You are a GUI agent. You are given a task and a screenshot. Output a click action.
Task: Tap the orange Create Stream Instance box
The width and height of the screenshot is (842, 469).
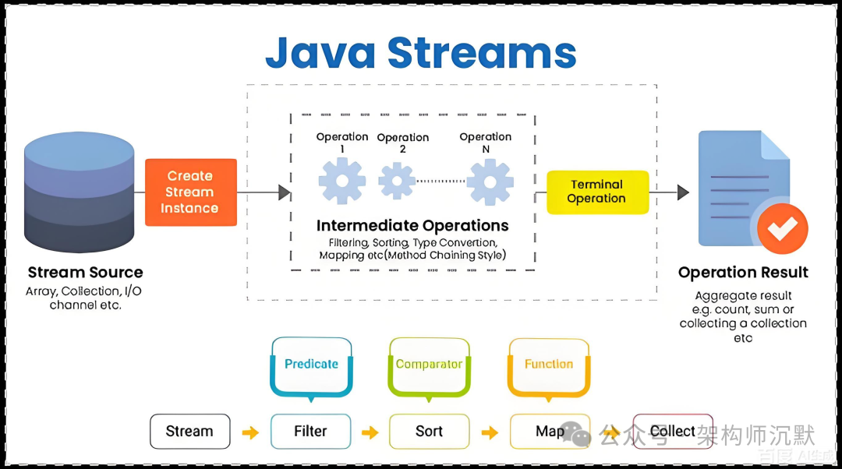pos(190,192)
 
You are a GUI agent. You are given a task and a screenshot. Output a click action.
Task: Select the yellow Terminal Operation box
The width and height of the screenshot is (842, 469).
pos(596,192)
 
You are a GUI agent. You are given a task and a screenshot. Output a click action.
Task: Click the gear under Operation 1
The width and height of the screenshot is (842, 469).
pos(341,180)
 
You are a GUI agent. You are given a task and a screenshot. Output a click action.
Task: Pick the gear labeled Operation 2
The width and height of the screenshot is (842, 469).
pos(397,180)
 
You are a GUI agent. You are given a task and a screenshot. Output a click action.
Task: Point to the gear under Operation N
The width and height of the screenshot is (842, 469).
pos(489,182)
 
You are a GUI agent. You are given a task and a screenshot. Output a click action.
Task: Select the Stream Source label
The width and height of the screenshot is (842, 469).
pos(85,273)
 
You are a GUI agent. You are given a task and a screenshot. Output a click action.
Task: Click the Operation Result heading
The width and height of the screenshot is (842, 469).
pos(742,273)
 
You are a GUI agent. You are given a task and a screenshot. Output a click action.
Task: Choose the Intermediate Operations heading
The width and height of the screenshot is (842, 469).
pos(412,226)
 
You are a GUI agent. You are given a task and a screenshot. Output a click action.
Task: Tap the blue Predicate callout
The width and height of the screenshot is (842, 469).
pos(311,365)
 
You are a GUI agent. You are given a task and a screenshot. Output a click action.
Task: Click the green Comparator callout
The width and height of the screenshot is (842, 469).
pos(429,365)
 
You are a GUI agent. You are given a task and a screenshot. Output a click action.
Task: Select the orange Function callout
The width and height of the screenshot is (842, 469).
pos(548,365)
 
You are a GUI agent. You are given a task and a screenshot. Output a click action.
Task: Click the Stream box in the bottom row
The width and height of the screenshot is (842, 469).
pos(189,432)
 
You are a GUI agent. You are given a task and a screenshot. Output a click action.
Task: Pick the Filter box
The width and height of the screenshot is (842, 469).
pos(310,432)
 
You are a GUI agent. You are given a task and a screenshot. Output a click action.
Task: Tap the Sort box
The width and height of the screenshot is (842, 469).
pos(429,432)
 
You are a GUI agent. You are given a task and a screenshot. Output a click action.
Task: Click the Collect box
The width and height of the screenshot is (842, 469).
pos(672,432)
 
